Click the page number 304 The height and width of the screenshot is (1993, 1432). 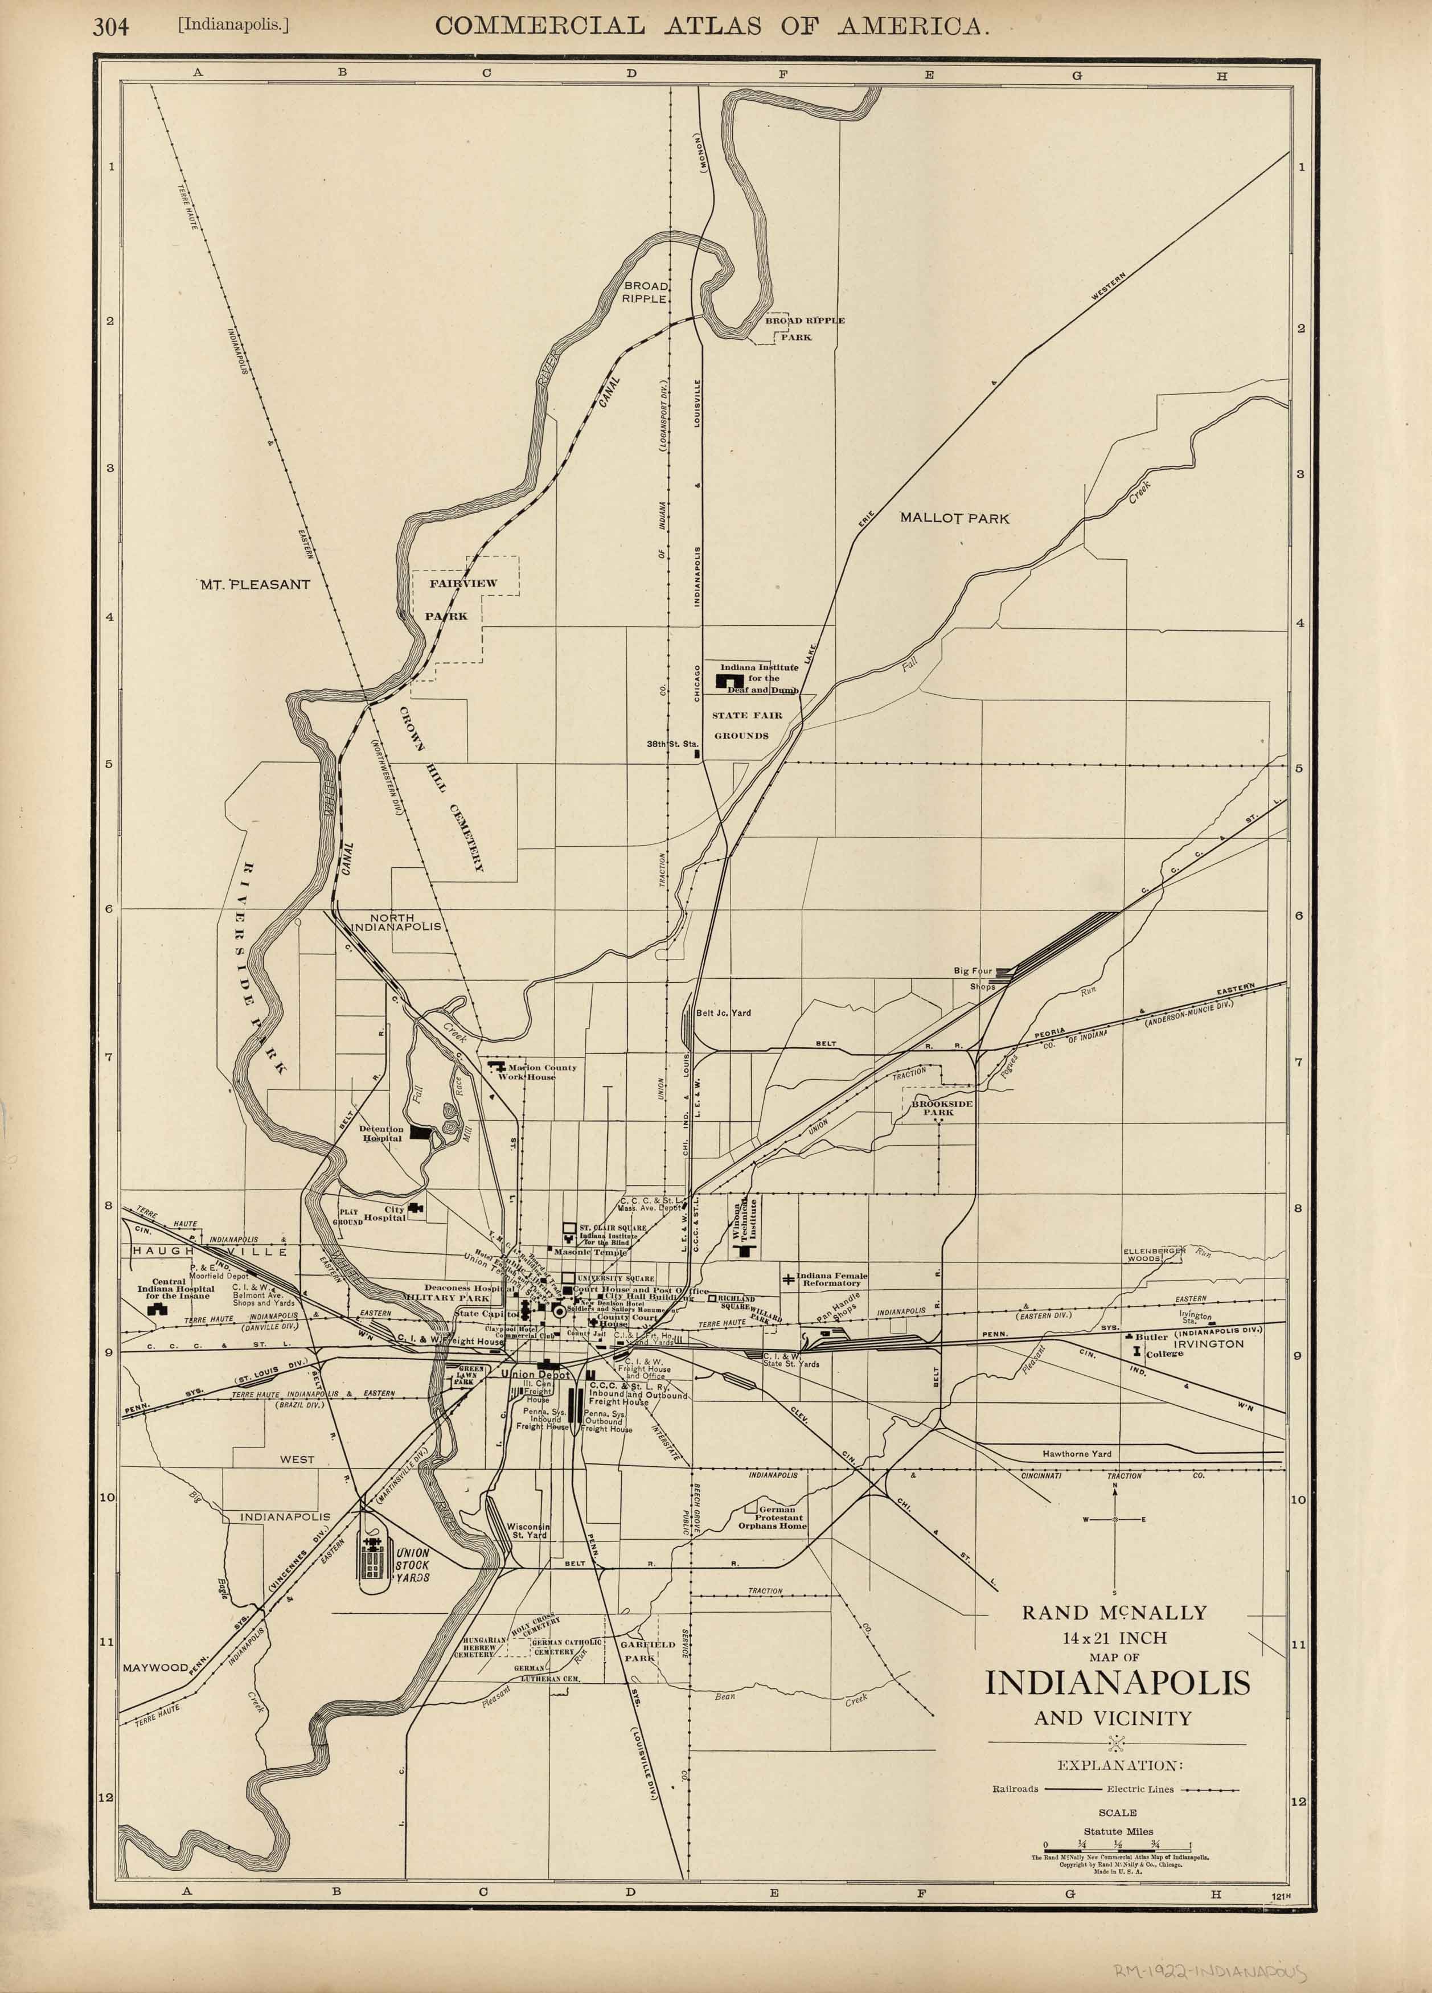(110, 27)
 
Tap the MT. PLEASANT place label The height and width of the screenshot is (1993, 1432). (255, 584)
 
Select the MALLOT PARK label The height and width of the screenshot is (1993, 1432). (954, 518)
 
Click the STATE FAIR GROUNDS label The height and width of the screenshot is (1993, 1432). (747, 725)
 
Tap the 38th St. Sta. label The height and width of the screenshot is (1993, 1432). (671, 744)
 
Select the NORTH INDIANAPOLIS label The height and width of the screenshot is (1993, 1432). (395, 922)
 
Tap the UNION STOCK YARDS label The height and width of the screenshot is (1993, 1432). (411, 1565)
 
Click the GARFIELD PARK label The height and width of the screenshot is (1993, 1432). (647, 1650)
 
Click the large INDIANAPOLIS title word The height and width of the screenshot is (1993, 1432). (1117, 1683)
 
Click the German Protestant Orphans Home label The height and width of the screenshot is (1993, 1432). (772, 1518)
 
